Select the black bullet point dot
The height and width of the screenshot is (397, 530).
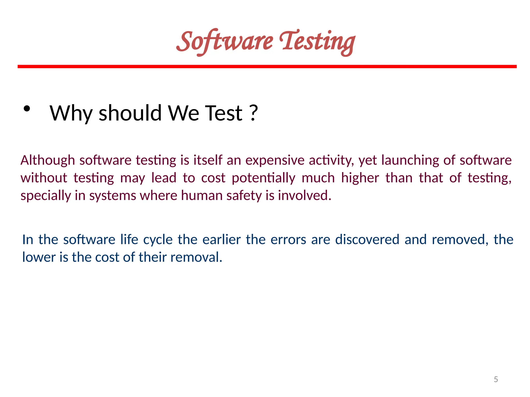coord(27,109)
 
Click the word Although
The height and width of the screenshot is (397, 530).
coord(48,161)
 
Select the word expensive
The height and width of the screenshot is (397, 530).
coord(275,161)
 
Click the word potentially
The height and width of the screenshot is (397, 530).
coord(263,178)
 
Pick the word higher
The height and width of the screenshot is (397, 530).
coord(360,178)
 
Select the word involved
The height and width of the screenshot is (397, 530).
coord(304,195)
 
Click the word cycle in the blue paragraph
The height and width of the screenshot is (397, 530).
coord(158,240)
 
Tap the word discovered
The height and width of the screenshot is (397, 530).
coord(367,239)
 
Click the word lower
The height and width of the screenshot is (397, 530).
coord(39,257)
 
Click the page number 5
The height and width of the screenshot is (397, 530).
coord(496,379)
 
